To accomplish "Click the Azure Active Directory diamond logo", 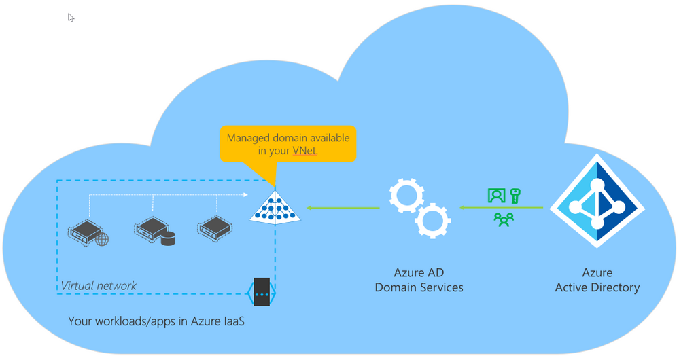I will (597, 201).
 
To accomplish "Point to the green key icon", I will (515, 196).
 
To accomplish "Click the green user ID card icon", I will (497, 196).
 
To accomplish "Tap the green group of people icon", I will (504, 219).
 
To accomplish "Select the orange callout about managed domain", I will (288, 144).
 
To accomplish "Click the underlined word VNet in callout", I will (304, 151).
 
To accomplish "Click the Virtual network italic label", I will (99, 286).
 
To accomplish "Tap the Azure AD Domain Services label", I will (419, 280).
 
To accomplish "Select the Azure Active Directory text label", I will (597, 280).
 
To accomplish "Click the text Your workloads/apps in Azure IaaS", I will (156, 321).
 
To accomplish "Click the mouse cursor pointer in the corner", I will (71, 18).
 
